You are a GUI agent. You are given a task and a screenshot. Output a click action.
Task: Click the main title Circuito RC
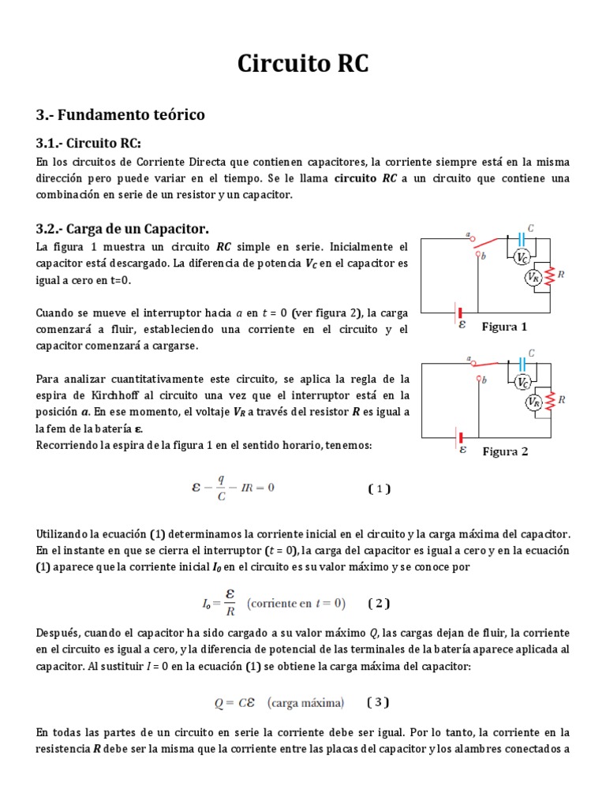303,64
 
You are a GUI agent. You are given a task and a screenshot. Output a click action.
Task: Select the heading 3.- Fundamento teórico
120,114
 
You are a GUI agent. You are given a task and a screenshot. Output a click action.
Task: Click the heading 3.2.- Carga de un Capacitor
122,229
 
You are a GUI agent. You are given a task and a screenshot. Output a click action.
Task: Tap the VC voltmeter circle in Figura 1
522,258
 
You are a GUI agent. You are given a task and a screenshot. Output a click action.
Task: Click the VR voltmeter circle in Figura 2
533,402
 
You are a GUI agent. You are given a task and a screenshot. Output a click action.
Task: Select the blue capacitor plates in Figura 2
522,363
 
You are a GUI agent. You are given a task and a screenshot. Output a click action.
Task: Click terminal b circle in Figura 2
477,380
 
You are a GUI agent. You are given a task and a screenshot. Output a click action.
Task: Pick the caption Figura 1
504,327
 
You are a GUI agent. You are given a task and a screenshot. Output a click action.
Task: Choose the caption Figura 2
505,451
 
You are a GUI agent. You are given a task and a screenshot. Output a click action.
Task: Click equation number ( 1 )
380,488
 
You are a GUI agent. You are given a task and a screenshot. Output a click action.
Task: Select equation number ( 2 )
379,604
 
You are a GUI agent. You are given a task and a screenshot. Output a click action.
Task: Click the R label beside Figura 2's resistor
561,400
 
